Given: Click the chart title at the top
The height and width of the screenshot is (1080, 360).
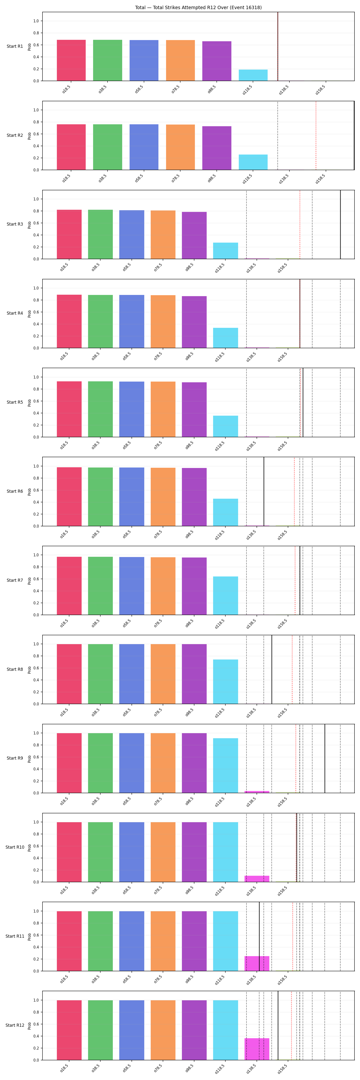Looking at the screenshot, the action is coord(198,7).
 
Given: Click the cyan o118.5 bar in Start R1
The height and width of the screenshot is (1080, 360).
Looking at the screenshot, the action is coord(253,75).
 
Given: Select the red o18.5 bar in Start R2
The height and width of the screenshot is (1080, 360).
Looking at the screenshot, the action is coord(71,147).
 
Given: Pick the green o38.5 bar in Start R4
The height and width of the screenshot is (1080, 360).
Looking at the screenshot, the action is coord(100,322).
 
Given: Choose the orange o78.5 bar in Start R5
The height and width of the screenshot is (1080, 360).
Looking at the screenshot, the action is coord(163,409).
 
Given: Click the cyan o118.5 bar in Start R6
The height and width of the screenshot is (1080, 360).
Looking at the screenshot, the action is coord(225,512).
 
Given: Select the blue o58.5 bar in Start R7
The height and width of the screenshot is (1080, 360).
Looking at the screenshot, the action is coord(132,586).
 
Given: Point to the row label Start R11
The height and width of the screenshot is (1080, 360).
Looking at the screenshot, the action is coord(15,936).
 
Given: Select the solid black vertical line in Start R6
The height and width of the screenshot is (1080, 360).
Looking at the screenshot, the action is coord(264,491).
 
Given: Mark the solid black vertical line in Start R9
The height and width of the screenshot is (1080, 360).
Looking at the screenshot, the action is coord(325,758).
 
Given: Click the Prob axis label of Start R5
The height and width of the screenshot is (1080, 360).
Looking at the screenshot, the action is coord(29,402).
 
